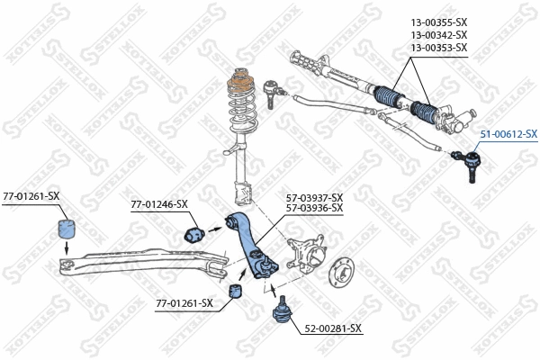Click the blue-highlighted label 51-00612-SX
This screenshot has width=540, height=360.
click(508, 134)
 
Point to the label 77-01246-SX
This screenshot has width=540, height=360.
click(158, 204)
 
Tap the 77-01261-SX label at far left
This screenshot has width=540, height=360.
click(31, 195)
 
